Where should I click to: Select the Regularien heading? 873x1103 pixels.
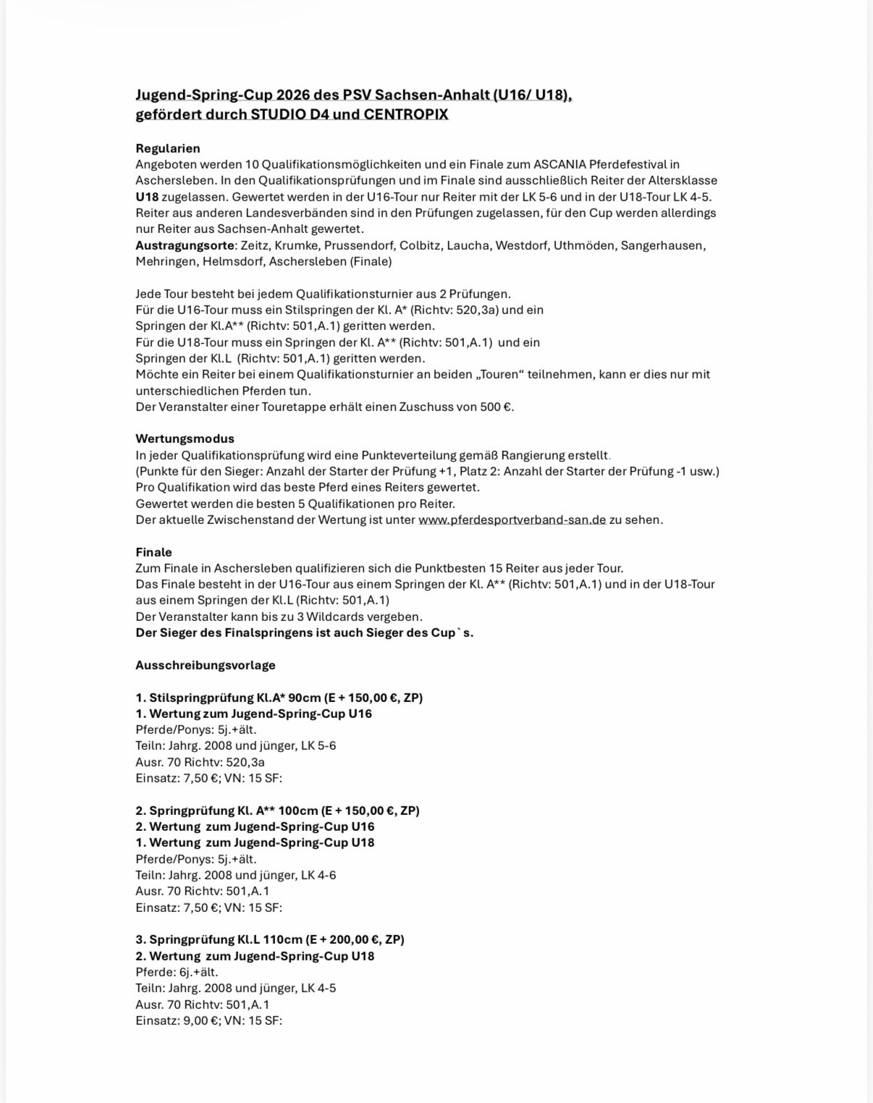point(168,148)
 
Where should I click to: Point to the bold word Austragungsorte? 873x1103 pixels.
point(185,245)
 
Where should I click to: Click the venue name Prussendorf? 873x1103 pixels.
point(359,245)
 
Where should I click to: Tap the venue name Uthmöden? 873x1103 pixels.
point(584,245)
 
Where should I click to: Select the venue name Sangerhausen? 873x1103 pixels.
point(662,245)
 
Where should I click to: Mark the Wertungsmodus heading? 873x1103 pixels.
point(185,439)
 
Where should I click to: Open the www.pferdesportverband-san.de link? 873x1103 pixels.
point(512,520)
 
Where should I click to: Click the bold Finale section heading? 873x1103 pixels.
point(153,552)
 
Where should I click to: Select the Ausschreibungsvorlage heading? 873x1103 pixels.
point(206,665)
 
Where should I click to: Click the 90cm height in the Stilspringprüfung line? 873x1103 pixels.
point(304,698)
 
